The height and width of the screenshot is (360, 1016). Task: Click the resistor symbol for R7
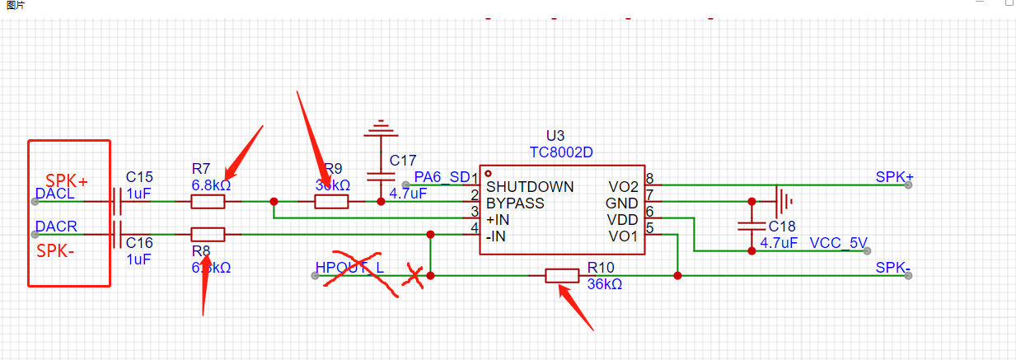(x=208, y=201)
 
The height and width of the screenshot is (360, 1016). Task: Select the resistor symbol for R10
(x=562, y=276)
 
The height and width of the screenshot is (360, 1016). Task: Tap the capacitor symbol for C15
(x=117, y=201)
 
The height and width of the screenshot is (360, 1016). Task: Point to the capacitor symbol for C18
(x=751, y=224)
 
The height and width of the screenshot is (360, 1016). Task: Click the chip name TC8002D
(x=563, y=152)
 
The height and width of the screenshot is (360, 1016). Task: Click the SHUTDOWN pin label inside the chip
(x=530, y=187)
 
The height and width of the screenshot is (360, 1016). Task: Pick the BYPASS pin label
(x=515, y=203)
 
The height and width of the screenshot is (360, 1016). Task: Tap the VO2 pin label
(x=624, y=187)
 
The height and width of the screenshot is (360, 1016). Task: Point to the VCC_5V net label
(x=838, y=243)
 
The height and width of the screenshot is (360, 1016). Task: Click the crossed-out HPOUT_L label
(x=349, y=268)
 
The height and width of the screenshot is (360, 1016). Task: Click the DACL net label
(x=55, y=194)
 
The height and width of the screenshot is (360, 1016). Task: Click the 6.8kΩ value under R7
(x=211, y=185)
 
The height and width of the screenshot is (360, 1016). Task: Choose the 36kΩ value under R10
(x=604, y=284)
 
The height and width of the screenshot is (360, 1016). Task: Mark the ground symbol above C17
(x=380, y=128)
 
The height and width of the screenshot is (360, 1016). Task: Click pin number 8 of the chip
(x=649, y=179)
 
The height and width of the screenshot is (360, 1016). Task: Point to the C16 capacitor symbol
(x=117, y=234)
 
